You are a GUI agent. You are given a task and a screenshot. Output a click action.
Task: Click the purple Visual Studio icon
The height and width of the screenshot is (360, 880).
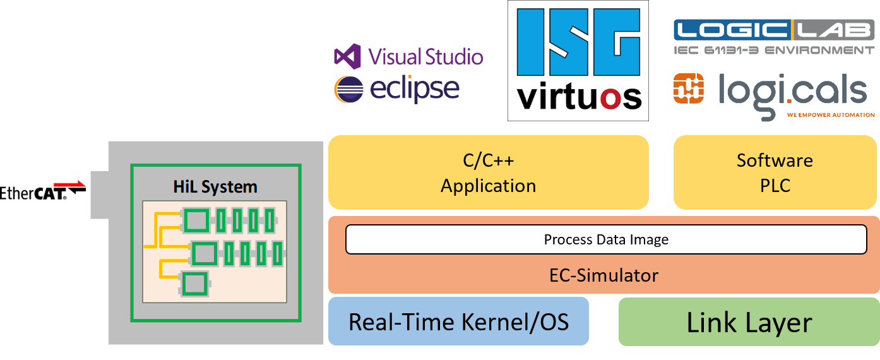point(347,57)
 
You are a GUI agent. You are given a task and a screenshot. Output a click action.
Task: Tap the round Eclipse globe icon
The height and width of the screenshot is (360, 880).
point(349,89)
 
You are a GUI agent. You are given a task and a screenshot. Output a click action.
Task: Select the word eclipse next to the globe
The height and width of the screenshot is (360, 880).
point(415,89)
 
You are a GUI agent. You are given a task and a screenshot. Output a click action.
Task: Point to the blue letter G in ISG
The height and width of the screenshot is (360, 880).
point(616,42)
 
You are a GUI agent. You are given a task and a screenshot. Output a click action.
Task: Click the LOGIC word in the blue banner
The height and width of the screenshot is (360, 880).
point(732,30)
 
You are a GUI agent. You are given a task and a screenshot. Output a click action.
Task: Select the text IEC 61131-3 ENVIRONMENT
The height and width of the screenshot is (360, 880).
point(774,51)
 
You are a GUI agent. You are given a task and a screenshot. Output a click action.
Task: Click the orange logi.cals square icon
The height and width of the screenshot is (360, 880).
point(689,88)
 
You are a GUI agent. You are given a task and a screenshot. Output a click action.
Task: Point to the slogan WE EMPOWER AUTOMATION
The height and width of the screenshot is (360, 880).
point(831,115)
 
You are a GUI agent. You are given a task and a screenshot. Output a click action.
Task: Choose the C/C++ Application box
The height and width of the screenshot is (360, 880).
point(489,172)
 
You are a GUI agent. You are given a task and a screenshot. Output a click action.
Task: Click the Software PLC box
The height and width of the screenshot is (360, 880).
point(775,172)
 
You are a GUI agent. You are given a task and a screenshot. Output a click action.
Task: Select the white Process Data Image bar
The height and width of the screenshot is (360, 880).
point(606,239)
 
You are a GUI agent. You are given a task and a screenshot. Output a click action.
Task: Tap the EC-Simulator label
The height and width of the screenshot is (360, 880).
point(604,275)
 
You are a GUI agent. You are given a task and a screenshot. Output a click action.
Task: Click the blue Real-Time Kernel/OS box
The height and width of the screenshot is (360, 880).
point(458,321)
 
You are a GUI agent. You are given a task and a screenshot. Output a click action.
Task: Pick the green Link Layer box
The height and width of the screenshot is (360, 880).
point(749,322)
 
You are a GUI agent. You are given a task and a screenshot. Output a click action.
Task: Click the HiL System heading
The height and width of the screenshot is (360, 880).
point(215,187)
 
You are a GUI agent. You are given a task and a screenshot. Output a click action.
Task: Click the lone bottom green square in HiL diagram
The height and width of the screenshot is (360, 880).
point(195,284)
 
